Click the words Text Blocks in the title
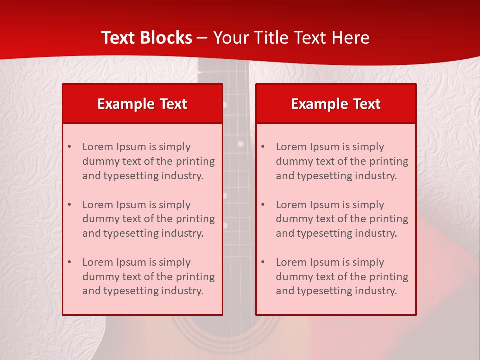[146, 38]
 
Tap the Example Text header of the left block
[142, 104]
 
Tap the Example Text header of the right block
[336, 104]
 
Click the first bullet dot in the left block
[69, 147]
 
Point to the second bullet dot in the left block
[69, 205]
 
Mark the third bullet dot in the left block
[69, 262]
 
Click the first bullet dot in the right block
[263, 147]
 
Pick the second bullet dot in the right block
[263, 205]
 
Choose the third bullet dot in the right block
[263, 262]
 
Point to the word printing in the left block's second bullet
[196, 219]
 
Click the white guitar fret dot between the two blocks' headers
[225, 105]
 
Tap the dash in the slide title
[202, 38]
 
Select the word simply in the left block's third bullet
[175, 262]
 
